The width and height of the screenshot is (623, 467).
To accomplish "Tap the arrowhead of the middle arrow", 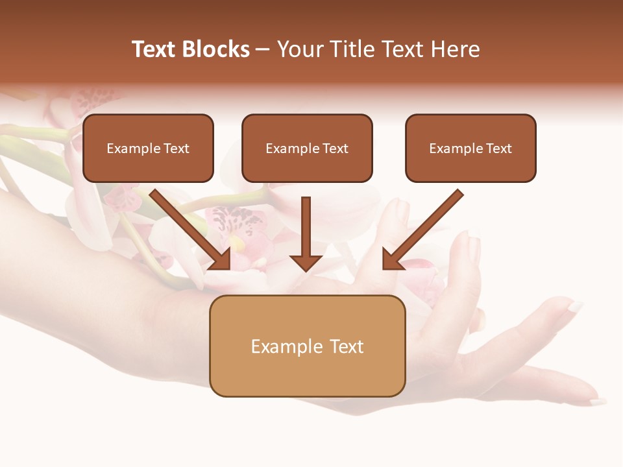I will click(x=306, y=262).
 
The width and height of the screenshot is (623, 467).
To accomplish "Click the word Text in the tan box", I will click(x=347, y=346).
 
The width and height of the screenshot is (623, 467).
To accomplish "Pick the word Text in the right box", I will click(x=498, y=149).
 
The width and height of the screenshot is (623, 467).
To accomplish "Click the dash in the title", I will click(x=263, y=50).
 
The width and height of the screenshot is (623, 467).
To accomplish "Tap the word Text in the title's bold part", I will click(x=154, y=49).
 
